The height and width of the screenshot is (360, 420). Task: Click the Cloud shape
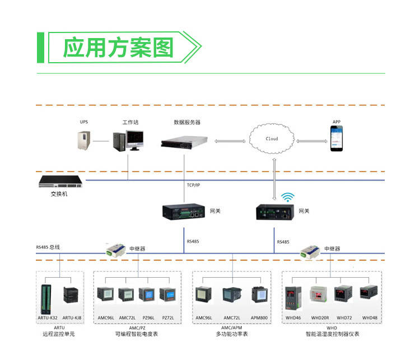pyautogui.click(x=272, y=138)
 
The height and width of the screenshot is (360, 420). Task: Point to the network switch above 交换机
pyautogui.click(x=60, y=182)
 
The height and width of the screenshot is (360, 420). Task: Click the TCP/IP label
pyautogui.click(x=193, y=185)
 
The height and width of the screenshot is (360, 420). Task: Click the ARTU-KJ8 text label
pyautogui.click(x=71, y=318)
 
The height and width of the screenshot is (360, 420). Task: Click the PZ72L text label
pyautogui.click(x=168, y=318)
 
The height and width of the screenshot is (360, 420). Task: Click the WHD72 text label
pyautogui.click(x=344, y=318)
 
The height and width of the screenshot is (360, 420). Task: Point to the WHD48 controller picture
pyautogui.click(x=368, y=294)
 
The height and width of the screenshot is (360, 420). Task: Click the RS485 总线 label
pyautogui.click(x=48, y=247)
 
